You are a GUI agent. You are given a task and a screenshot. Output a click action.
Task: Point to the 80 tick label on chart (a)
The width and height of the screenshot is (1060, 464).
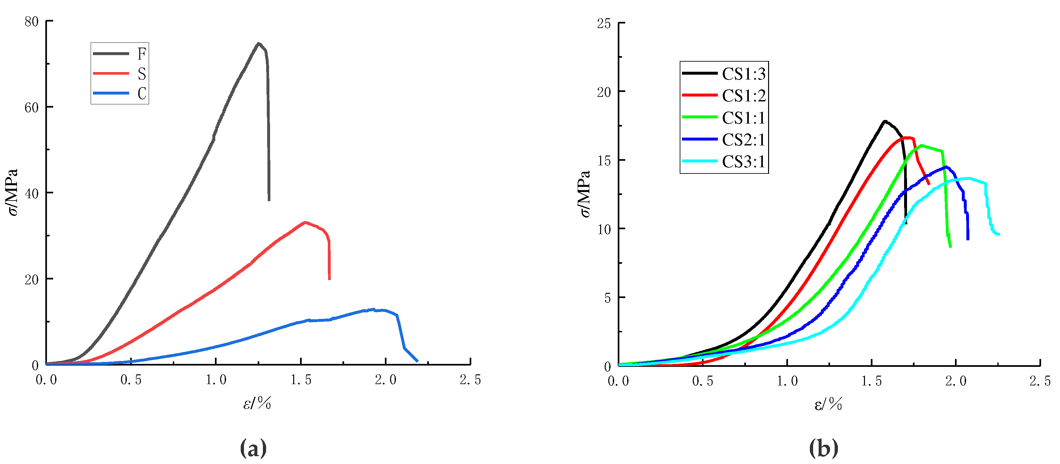click(31, 22)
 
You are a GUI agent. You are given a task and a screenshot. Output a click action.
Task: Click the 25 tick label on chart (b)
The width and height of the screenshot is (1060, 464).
click(604, 24)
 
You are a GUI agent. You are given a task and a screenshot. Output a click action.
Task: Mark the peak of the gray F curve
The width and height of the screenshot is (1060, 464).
click(258, 43)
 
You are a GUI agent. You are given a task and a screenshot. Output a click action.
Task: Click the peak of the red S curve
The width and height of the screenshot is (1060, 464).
click(305, 222)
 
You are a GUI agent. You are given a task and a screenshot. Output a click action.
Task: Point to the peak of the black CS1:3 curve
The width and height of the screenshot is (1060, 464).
click(885, 121)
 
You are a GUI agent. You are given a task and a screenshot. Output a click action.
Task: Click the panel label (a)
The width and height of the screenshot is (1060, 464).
click(253, 448)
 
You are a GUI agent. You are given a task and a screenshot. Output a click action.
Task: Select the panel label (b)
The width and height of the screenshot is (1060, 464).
click(824, 448)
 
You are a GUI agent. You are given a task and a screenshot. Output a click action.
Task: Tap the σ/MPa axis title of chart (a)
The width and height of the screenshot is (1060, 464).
click(13, 192)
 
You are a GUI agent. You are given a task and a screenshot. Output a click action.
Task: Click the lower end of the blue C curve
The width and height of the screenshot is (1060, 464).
click(417, 361)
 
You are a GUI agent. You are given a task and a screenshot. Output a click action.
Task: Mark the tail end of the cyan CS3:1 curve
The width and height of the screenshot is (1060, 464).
click(999, 234)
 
